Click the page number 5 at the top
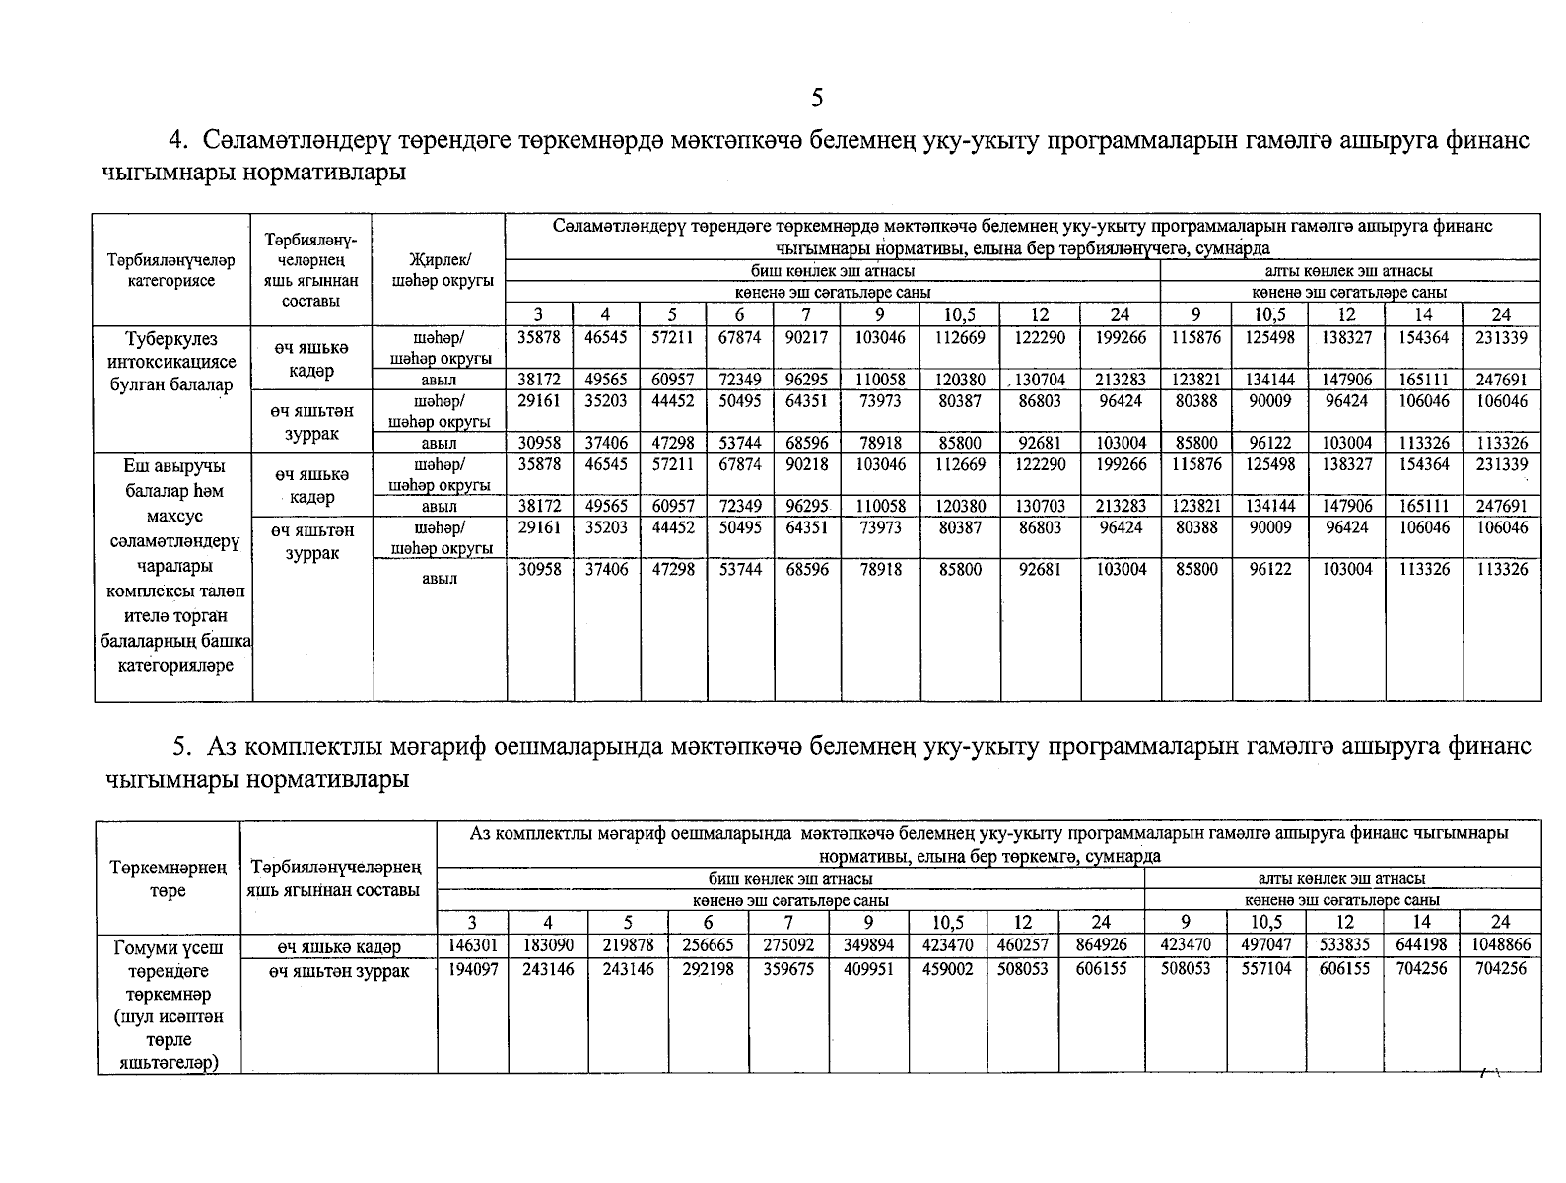coord(816,98)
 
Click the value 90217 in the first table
coord(806,337)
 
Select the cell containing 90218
coord(806,464)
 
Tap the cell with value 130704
coord(1040,380)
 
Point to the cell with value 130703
coord(1040,506)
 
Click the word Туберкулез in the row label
coord(172,339)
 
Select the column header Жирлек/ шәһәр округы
coord(440,270)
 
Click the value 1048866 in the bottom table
coord(1500,945)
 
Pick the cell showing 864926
coord(1101,945)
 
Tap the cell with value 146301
coord(473,945)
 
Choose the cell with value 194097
coord(473,970)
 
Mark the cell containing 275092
coord(788,945)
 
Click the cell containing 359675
coord(788,970)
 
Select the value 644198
coord(1421,945)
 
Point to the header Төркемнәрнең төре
coord(169,879)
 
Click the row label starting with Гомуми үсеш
coord(169,948)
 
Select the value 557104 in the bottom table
coord(1265,970)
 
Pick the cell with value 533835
coord(1344,945)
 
